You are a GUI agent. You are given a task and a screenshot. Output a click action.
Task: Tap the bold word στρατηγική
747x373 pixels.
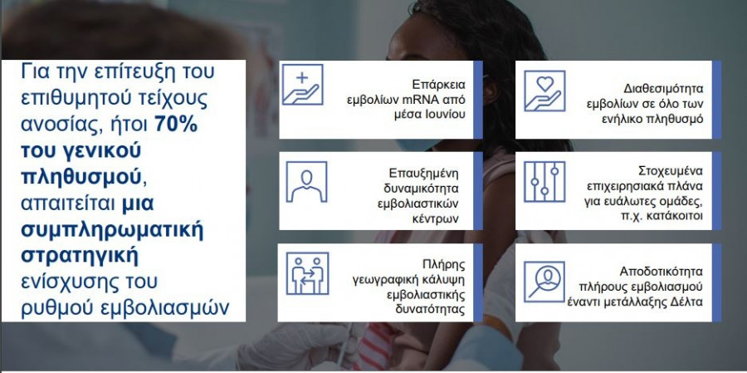pyautogui.click(x=80, y=256)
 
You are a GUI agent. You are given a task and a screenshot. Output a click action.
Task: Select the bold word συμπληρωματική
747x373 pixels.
pyautogui.click(x=112, y=230)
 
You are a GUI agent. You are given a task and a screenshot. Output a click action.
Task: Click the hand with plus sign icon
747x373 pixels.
pyautogui.click(x=302, y=85)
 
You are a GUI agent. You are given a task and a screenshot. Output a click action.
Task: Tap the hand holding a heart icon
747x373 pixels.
pyautogui.click(x=544, y=91)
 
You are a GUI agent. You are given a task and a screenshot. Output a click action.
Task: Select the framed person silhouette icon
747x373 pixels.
pyautogui.click(x=306, y=182)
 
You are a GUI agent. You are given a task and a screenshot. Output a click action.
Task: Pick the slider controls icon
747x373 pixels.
pyautogui.click(x=544, y=182)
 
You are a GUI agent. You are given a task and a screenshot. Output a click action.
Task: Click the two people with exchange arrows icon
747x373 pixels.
pyautogui.click(x=307, y=273)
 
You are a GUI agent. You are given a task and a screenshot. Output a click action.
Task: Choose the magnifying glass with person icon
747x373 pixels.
pyautogui.click(x=544, y=282)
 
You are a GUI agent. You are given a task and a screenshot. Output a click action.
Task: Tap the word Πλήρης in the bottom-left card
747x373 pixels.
pyautogui.click(x=443, y=265)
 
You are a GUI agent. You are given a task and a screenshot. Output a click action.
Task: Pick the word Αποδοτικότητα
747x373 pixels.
pyautogui.click(x=662, y=272)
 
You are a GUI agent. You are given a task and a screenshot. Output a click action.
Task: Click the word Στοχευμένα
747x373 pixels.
pyautogui.click(x=671, y=171)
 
